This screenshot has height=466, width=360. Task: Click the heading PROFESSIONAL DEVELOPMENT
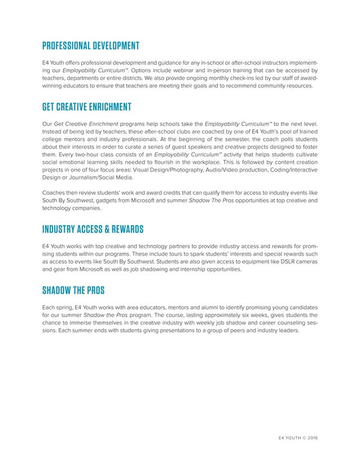tap(90, 46)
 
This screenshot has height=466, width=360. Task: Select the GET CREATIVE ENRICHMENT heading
tap(86, 107)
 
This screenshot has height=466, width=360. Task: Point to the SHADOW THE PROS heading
tap(73, 291)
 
